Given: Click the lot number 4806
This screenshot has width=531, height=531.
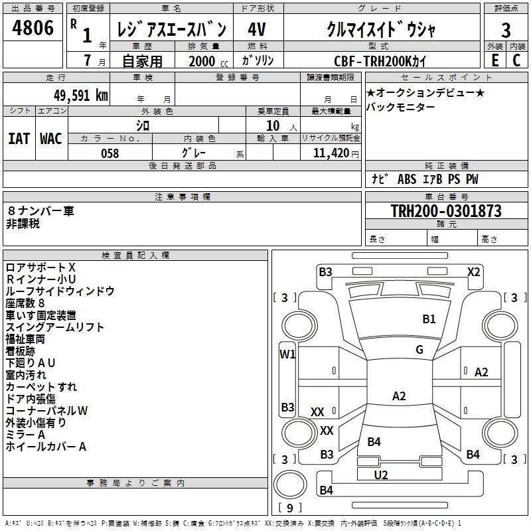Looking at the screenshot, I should click(x=33, y=29).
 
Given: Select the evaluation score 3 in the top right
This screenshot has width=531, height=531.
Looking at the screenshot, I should click(x=506, y=30).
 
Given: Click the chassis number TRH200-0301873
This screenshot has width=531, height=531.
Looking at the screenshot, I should click(x=445, y=211).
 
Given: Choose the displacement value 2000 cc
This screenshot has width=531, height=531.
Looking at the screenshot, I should click(x=204, y=61).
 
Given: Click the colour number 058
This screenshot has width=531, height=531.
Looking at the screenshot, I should click(x=110, y=153).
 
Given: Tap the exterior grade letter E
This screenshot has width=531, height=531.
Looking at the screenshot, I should click(x=494, y=60).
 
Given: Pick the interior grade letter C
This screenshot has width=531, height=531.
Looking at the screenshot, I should click(x=517, y=60).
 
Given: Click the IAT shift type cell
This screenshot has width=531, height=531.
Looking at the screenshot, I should click(x=19, y=139).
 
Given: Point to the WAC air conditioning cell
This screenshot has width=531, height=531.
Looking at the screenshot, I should click(x=51, y=139).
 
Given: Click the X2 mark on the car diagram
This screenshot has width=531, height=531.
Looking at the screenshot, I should click(x=473, y=271).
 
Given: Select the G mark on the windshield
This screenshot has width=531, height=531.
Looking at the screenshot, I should click(x=419, y=350).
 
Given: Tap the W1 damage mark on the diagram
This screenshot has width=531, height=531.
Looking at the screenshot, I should click(x=287, y=354).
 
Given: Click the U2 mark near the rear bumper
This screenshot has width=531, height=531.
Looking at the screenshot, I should click(x=381, y=475).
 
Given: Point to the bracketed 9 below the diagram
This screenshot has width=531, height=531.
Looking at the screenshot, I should click(x=289, y=508).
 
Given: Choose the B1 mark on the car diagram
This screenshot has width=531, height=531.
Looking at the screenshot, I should click(x=429, y=319).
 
